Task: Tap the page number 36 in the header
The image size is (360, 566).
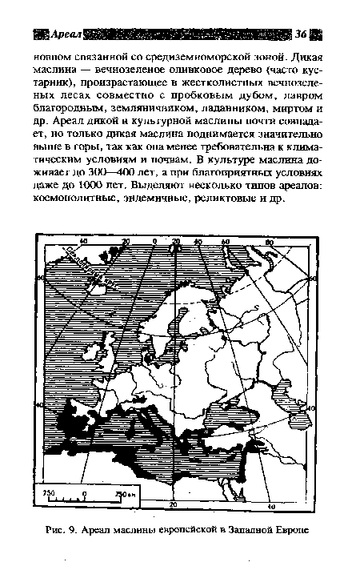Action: click(300, 34)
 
